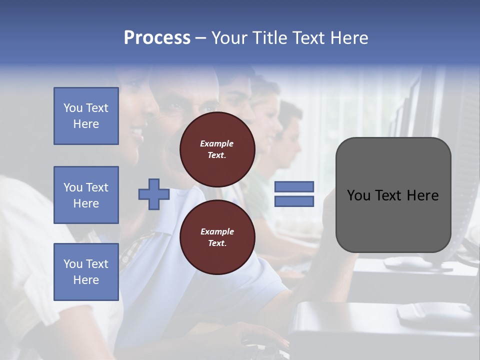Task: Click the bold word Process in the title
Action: tap(157, 38)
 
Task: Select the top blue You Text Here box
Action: tap(86, 116)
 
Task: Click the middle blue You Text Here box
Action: tap(86, 195)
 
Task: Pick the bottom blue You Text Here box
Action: tap(86, 272)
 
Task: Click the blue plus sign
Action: tap(154, 194)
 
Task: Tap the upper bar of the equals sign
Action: tap(294, 186)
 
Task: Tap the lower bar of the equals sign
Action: tap(294, 201)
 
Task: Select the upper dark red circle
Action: tap(217, 149)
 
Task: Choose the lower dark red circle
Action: tap(217, 237)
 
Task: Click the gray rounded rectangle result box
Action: tap(393, 195)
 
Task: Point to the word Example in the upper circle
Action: tap(217, 143)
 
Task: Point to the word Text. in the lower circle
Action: tap(217, 243)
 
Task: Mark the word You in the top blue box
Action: tap(72, 108)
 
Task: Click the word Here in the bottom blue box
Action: tap(86, 280)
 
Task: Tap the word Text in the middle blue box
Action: tap(97, 187)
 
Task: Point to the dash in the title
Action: tap(201, 38)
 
